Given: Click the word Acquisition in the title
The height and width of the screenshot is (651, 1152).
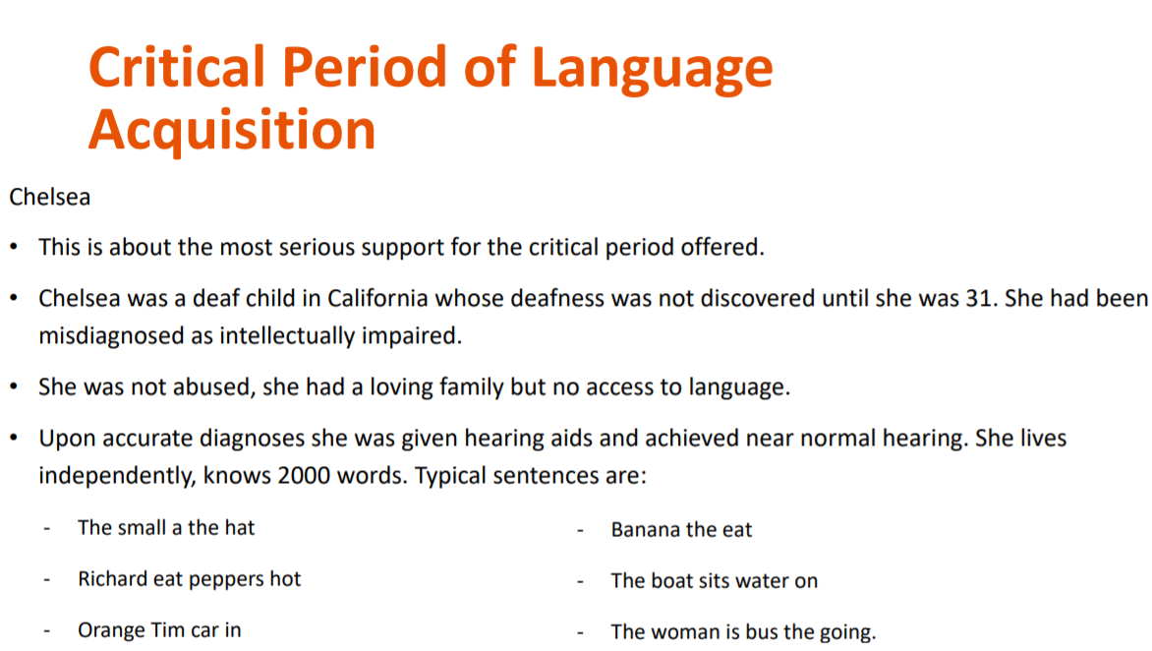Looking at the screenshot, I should pos(232,130).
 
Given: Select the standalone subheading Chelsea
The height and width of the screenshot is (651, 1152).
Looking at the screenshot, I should pos(50,197).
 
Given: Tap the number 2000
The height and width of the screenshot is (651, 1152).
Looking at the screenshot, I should pos(310,476).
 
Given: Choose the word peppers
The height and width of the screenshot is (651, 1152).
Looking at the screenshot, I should pos(227,579).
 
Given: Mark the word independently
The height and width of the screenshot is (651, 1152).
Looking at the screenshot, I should pos(111,476).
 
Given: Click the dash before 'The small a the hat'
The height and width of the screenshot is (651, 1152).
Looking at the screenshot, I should pos(46,528).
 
